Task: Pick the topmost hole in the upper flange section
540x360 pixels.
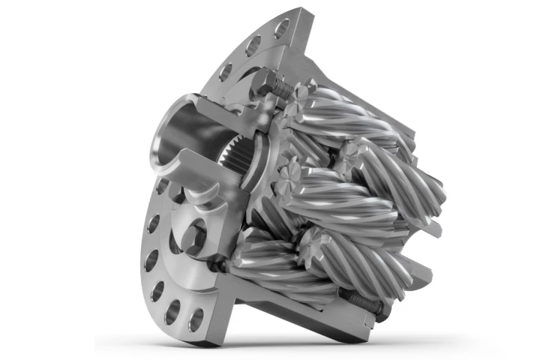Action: tap(281, 30)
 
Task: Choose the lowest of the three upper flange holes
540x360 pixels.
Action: tap(225, 73)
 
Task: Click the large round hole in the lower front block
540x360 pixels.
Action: tap(193, 238)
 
